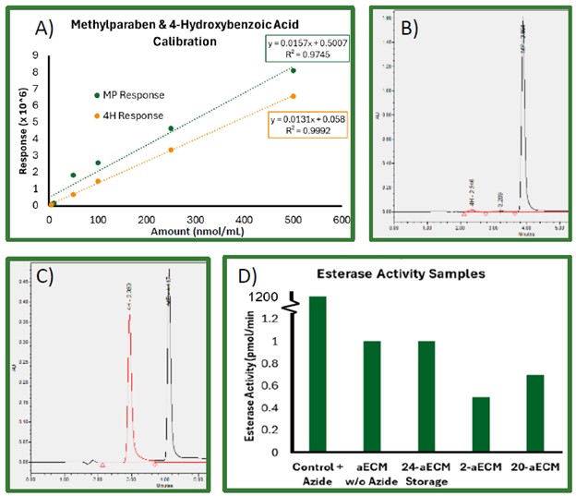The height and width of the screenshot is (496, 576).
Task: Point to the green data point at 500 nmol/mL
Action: tap(294, 70)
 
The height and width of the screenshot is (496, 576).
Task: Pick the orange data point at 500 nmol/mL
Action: tap(294, 96)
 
